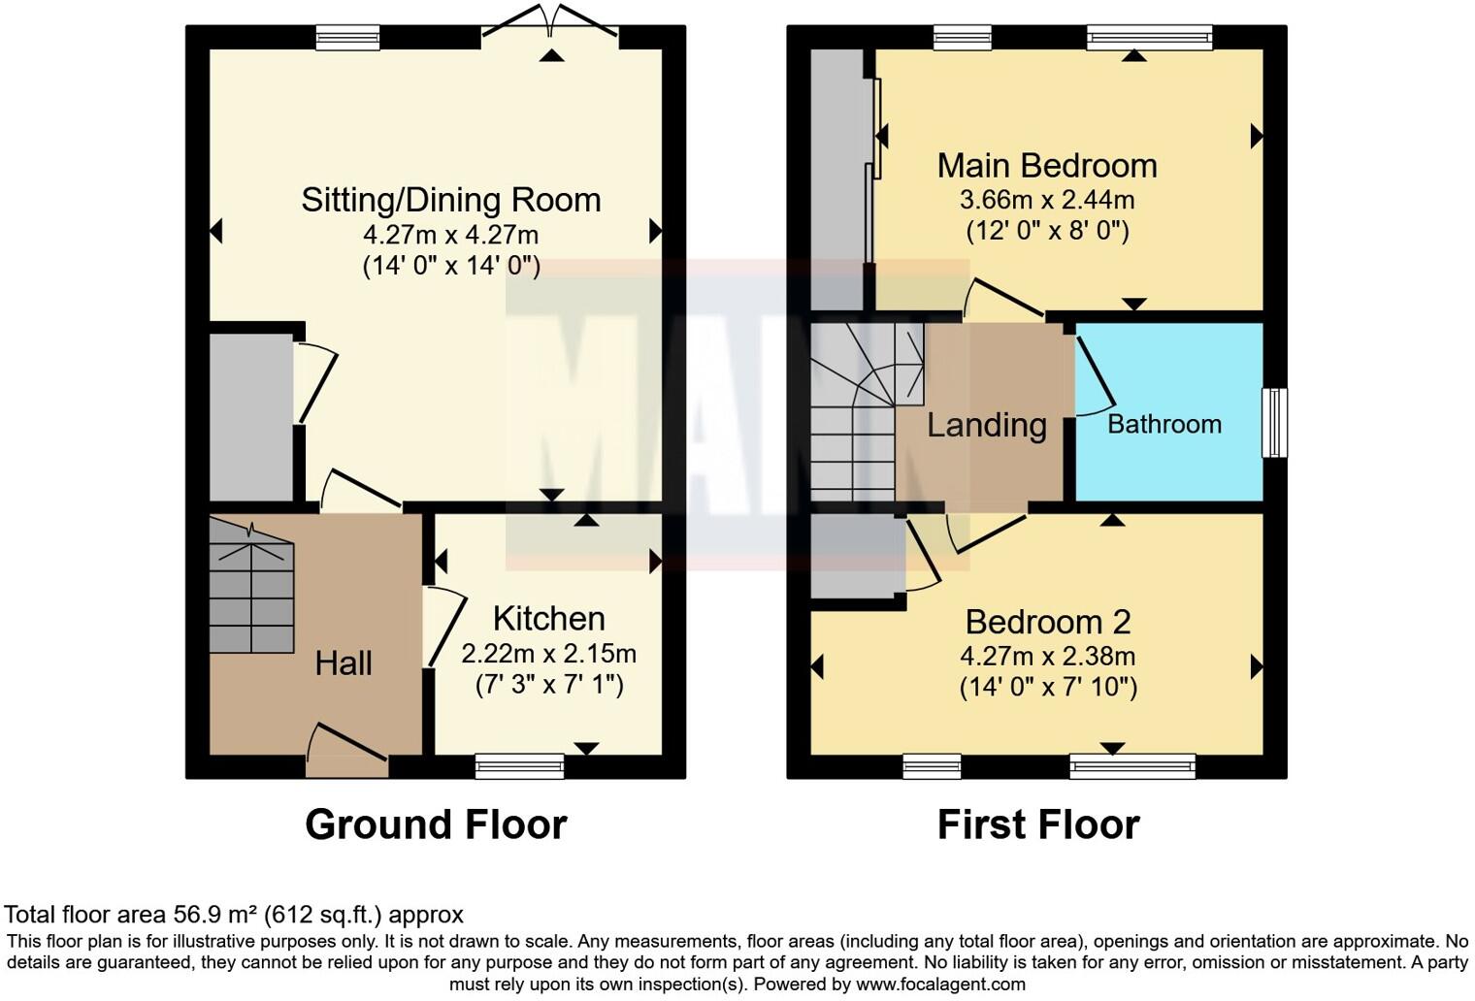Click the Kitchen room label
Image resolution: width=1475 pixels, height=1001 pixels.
[548, 618]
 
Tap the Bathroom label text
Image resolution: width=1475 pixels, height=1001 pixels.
[1164, 424]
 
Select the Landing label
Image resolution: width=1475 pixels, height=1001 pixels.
[986, 425]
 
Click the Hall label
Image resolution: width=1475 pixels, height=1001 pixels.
[344, 663]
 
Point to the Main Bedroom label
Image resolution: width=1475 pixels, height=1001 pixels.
[1047, 166]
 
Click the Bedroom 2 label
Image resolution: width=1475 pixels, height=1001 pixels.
[1047, 622]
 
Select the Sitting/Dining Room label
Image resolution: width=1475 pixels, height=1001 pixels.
[451, 200]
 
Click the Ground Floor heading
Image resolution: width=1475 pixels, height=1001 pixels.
[436, 824]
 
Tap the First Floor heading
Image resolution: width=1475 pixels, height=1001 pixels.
[1037, 824]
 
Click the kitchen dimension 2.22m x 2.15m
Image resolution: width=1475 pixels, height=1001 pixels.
[548, 653]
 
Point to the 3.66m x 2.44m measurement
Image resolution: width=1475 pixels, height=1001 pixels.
[1047, 201]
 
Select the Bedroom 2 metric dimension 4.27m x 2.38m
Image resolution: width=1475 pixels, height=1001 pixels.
[1047, 656]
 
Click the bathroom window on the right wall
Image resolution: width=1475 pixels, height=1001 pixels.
[1274, 423]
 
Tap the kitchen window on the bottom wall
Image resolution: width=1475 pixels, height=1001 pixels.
[519, 766]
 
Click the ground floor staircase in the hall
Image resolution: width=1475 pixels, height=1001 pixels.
[251, 587]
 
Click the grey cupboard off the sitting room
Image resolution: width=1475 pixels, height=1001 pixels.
[250, 417]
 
